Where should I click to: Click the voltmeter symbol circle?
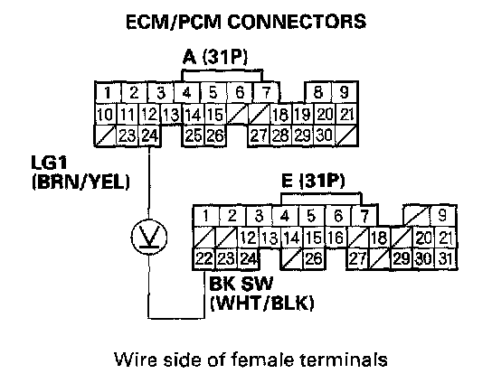pos(149,237)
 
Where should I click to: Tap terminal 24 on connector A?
pos(149,135)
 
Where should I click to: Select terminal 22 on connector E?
pos(204,259)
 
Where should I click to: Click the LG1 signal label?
pos(50,163)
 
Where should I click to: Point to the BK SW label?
pos(241,284)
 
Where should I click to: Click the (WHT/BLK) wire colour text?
pos(261,304)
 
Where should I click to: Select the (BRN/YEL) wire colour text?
pos(80,182)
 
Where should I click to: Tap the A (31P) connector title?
pos(215,57)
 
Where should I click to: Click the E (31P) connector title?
pos(313,181)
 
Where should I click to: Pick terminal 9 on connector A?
pos(345,92)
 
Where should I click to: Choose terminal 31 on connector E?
pos(446,259)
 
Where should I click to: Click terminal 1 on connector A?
pos(108,92)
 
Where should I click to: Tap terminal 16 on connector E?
pos(336,238)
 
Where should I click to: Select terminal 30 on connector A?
pos(324,135)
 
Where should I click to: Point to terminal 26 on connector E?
pos(314,259)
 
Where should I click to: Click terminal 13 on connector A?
pos(171,115)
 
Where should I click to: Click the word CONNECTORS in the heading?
pos(297,22)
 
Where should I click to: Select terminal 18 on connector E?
pos(379,238)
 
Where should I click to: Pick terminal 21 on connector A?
pos(346,115)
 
